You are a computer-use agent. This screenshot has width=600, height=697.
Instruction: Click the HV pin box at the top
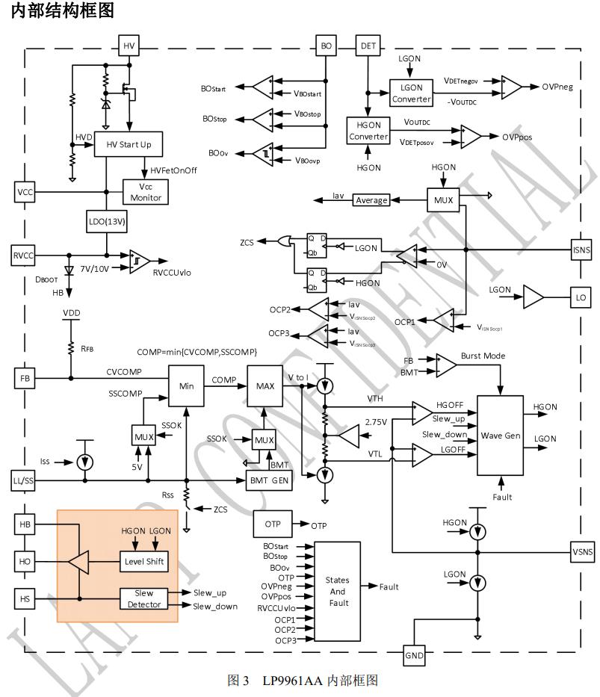(128, 45)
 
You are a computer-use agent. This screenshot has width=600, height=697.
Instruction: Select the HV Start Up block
(128, 144)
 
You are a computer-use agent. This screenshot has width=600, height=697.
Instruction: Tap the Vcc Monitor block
(146, 191)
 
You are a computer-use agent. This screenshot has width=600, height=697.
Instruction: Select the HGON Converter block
(368, 131)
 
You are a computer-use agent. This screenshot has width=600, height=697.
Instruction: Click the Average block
(371, 200)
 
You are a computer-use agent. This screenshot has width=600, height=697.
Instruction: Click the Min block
(187, 387)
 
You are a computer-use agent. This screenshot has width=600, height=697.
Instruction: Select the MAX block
(265, 387)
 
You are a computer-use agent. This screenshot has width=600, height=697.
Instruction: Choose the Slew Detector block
(144, 598)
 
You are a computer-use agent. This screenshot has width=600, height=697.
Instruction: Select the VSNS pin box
(581, 551)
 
